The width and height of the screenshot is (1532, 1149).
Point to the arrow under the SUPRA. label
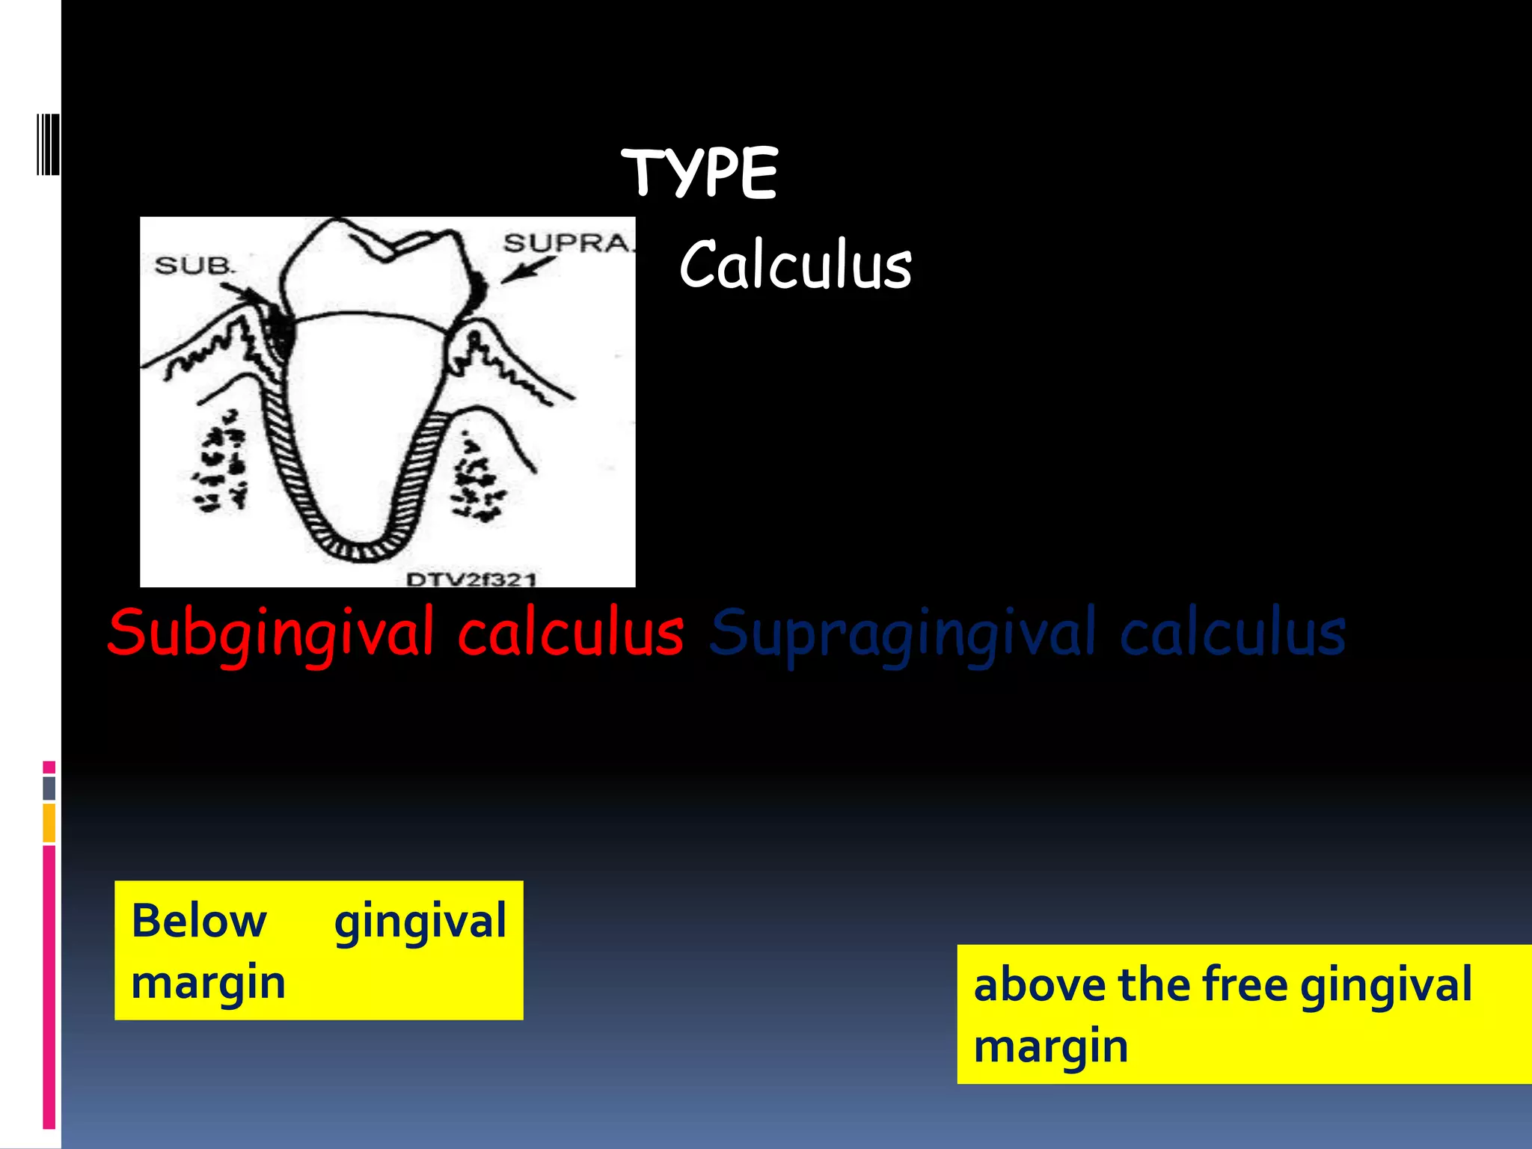tap(527, 270)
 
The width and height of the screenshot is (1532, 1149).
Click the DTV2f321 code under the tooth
tap(471, 579)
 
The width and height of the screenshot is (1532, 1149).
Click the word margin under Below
tap(208, 983)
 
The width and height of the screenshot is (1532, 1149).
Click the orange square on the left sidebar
tap(49, 822)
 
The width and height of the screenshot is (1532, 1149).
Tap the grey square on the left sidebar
tap(49, 788)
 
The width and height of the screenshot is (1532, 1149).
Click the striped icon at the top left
tap(48, 145)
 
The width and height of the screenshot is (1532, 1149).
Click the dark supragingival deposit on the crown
tap(477, 289)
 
